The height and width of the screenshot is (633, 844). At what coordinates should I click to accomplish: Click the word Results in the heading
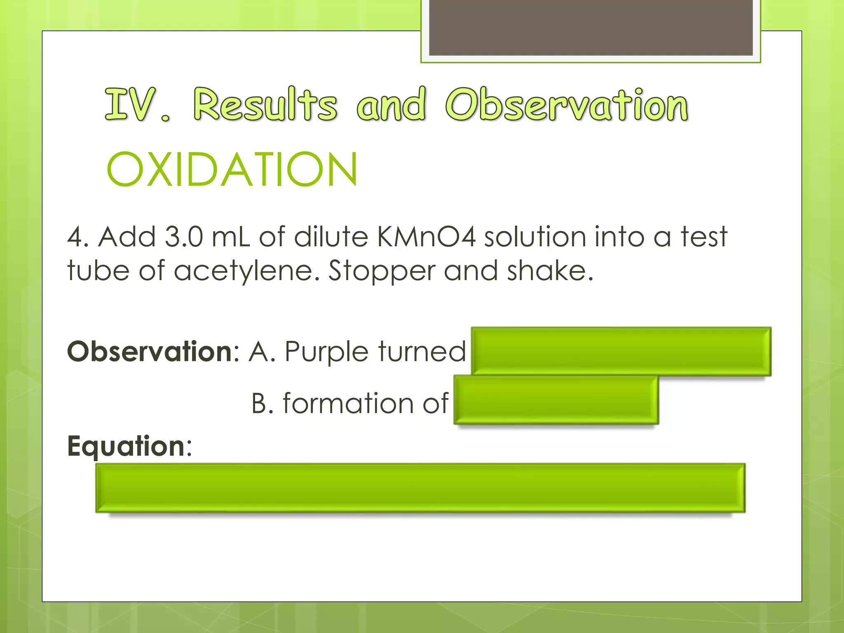(x=265, y=105)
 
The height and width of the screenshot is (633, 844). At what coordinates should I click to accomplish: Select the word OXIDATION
(x=232, y=169)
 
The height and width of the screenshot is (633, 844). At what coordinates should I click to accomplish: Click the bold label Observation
(x=150, y=352)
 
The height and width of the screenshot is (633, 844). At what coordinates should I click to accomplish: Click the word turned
(x=422, y=352)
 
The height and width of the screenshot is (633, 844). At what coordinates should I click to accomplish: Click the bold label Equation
(x=126, y=446)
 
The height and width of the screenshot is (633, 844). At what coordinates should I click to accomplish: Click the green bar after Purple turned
(x=621, y=351)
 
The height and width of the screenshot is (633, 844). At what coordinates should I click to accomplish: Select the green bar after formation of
(x=556, y=400)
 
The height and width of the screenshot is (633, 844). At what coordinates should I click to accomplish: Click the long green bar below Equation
(x=420, y=488)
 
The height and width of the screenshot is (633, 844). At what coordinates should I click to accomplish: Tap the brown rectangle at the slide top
(x=591, y=27)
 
